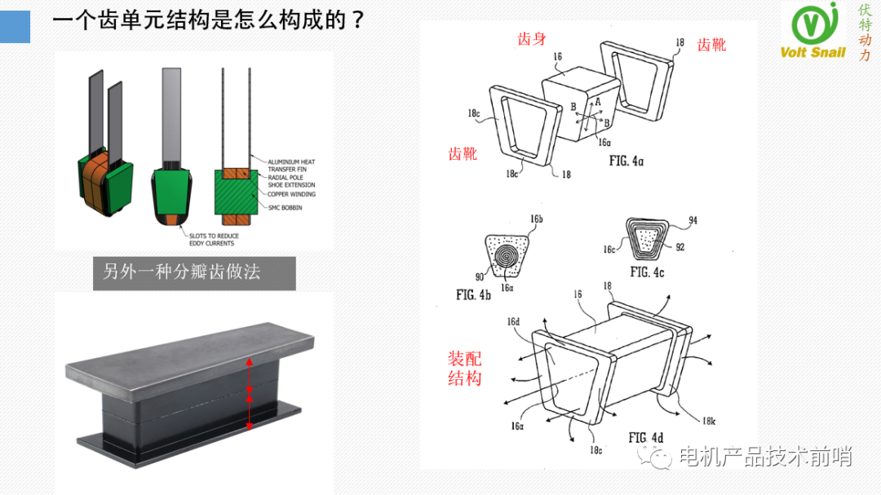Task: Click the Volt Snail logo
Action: pos(813,31)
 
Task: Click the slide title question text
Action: pos(208,20)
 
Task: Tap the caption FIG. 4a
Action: pos(626,161)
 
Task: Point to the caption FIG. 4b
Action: pos(473,294)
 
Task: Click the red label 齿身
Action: pos(532,38)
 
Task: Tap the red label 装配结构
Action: pos(464,368)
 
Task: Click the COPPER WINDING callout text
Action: pos(292,194)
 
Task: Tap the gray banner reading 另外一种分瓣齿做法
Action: pos(182,272)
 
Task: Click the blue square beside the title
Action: pos(15,26)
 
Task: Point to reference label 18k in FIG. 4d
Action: pos(709,421)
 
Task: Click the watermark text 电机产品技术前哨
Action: pos(764,457)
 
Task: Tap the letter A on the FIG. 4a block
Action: pos(597,101)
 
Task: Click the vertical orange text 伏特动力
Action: pos(865,33)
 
